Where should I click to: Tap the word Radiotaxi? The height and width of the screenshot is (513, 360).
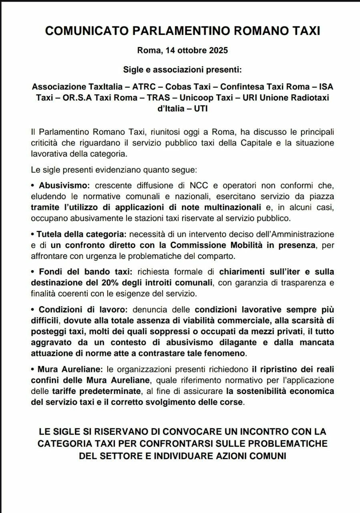304,98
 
